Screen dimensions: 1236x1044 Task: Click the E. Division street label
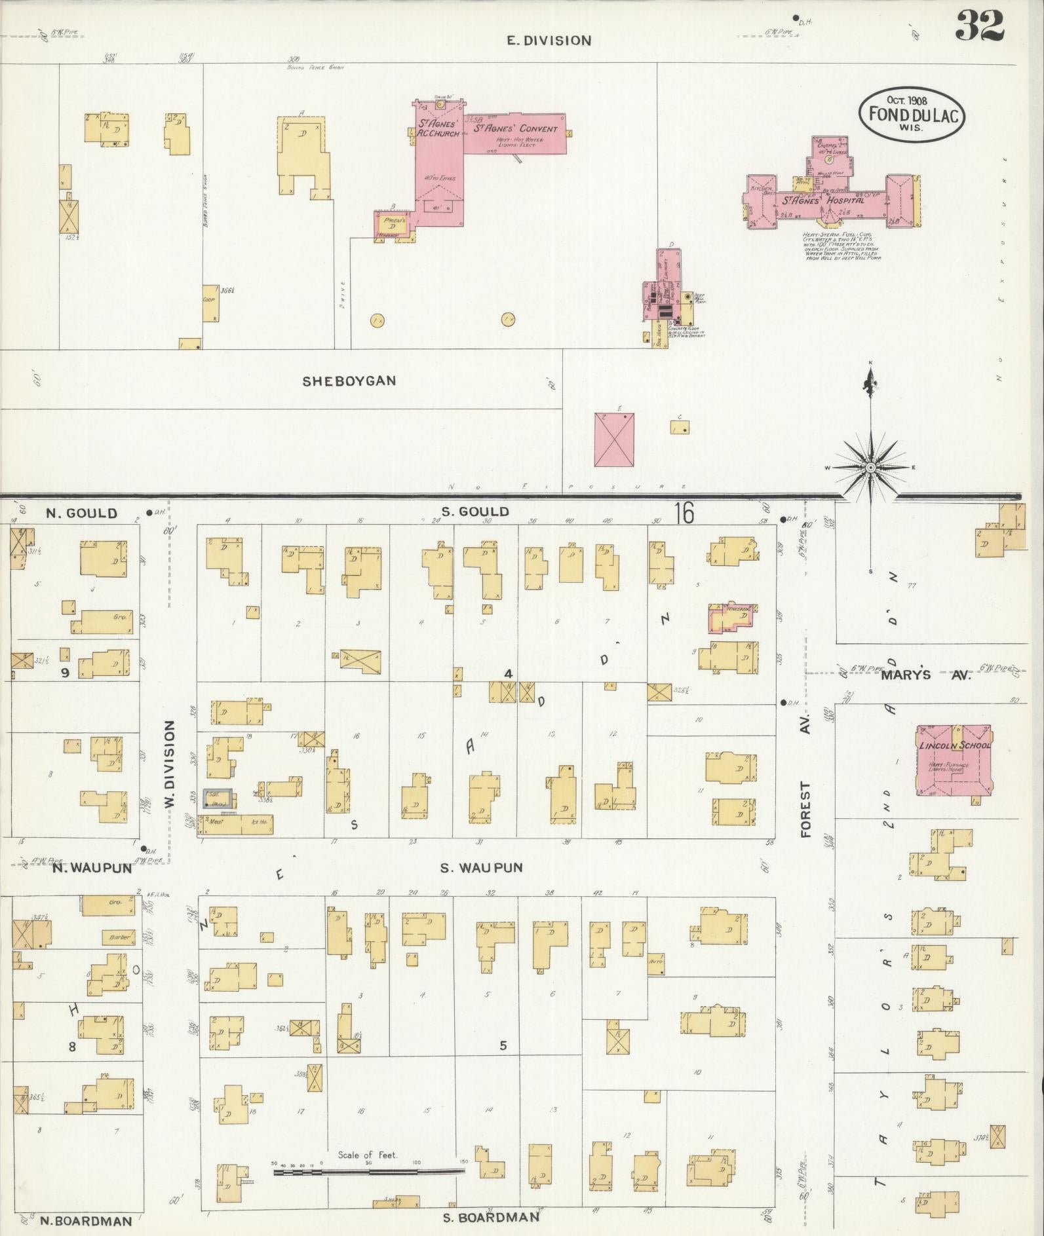coord(549,41)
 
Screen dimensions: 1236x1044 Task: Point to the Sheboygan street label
coord(349,381)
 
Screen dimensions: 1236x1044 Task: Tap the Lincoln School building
coord(953,760)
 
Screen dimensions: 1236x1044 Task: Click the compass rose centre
coord(870,468)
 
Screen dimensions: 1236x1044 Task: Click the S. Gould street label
coord(475,512)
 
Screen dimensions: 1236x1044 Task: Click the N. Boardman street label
coord(86,1221)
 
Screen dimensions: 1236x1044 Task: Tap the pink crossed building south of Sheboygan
coord(614,440)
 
